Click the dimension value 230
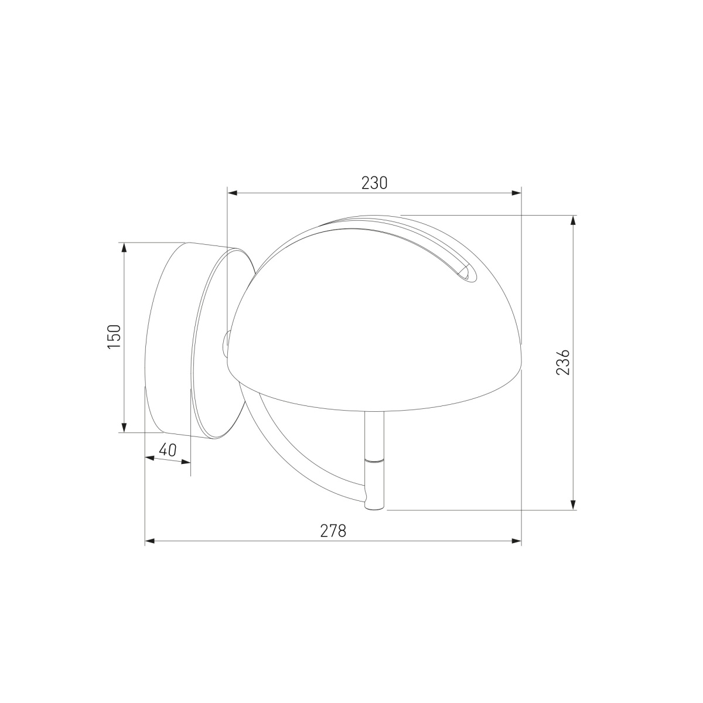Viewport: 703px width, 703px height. pyautogui.click(x=374, y=183)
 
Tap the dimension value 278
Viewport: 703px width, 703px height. pyautogui.click(x=333, y=531)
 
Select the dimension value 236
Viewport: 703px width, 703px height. pyautogui.click(x=563, y=362)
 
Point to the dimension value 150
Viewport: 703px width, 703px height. pyautogui.click(x=114, y=336)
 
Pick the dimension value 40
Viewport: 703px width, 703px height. pyautogui.click(x=168, y=450)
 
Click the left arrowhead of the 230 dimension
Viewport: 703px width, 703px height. pyautogui.click(x=233, y=193)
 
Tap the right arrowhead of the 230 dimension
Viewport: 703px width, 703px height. pyautogui.click(x=516, y=193)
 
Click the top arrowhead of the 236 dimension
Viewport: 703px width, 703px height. pyautogui.click(x=573, y=220)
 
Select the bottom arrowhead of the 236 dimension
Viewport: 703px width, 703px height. pyautogui.click(x=573, y=504)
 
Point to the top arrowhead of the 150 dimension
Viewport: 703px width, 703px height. pyautogui.click(x=124, y=247)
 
